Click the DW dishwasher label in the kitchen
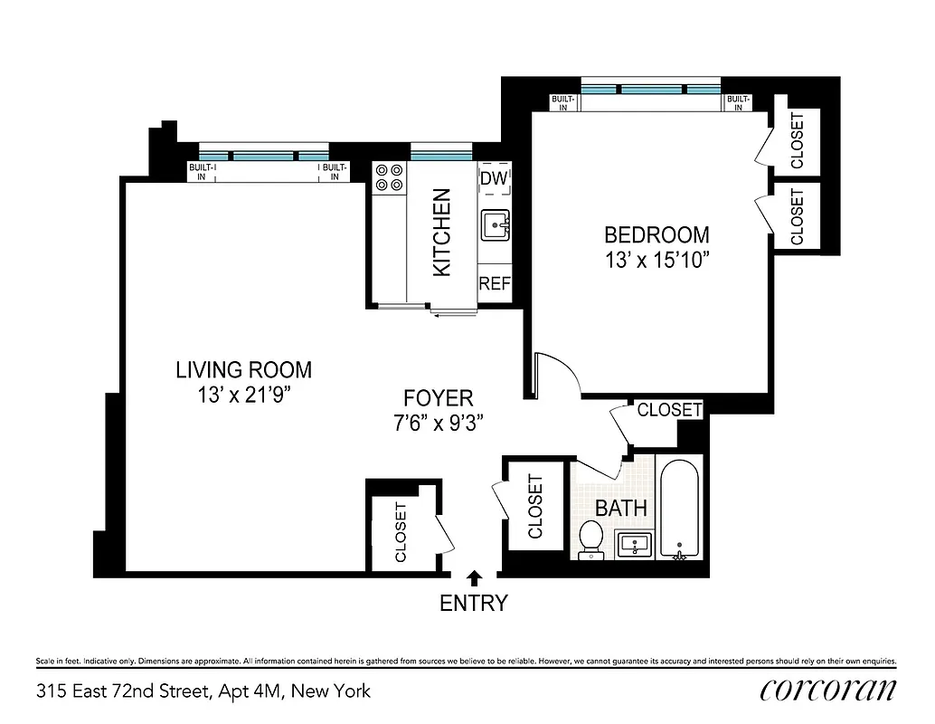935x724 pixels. pos(494,178)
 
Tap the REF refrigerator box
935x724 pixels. pos(495,283)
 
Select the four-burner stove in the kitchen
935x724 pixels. pos(389,176)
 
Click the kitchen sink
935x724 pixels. pos(495,224)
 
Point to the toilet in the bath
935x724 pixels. pos(591,538)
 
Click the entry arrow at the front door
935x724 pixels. pos(473,576)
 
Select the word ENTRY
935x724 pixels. pos(473,603)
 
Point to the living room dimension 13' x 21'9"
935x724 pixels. pos(243,395)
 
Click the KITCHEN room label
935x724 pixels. pos(441,233)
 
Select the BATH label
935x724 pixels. pos(620,508)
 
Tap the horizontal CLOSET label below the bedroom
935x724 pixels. pos(669,410)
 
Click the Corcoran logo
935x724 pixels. pos(828,690)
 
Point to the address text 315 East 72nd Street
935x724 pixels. pos(203,691)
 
